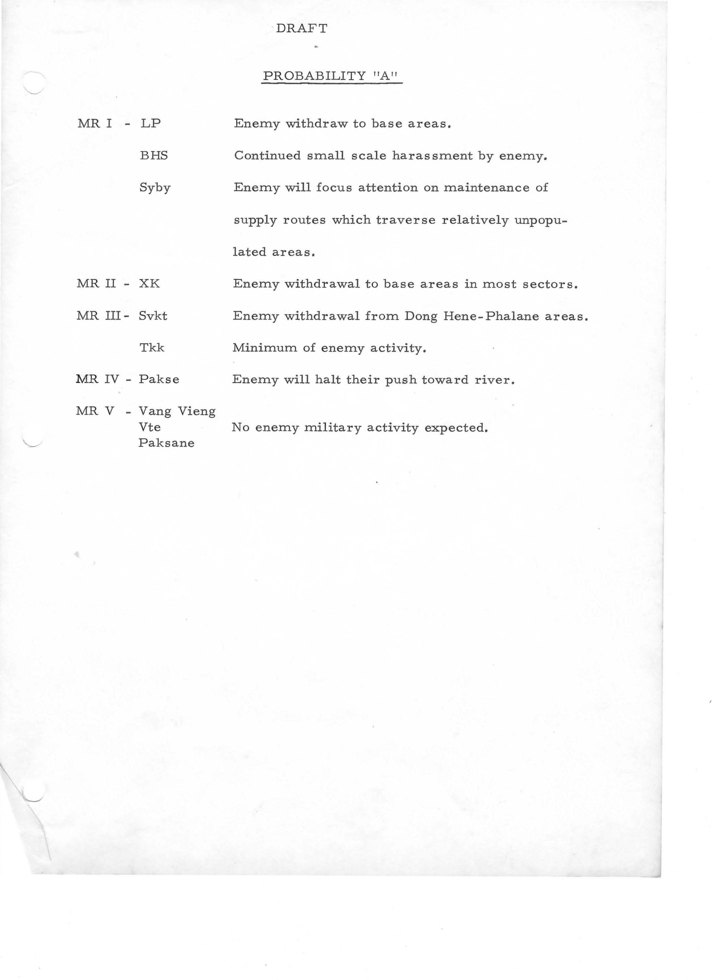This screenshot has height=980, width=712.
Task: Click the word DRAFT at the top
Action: coord(302,28)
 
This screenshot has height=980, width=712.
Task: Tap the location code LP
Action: coord(150,123)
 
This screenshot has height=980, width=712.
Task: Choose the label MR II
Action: coord(95,284)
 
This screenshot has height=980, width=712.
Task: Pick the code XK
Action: coord(149,284)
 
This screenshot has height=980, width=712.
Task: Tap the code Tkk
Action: coord(152,348)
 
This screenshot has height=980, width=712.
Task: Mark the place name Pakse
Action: coord(159,379)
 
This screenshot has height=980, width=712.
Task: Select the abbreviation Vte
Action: coord(149,427)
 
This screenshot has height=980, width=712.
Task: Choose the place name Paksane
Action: coord(166,443)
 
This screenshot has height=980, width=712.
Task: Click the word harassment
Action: coord(432,156)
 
